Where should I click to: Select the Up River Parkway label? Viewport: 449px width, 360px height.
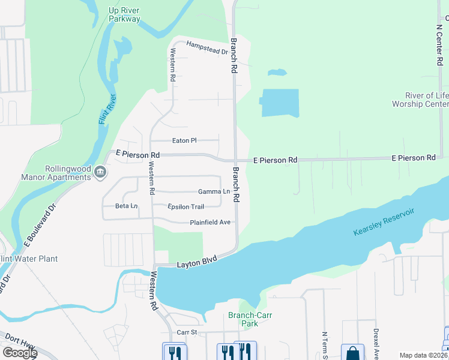125,14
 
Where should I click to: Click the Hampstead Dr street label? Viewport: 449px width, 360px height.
207,48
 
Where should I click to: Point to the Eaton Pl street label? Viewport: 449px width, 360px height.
184,140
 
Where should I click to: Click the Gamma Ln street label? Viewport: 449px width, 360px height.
214,191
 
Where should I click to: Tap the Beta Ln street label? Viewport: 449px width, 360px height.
127,206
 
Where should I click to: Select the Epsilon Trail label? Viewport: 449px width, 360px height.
185,206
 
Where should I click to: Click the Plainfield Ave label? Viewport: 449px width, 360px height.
210,222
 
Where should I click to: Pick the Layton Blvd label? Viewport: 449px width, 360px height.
196,263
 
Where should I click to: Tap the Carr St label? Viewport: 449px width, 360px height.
187,332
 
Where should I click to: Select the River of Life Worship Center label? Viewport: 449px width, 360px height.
420,100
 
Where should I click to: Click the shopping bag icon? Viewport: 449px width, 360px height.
352,352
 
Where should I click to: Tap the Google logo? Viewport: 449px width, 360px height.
20,353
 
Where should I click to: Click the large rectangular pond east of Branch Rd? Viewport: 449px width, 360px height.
280,103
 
